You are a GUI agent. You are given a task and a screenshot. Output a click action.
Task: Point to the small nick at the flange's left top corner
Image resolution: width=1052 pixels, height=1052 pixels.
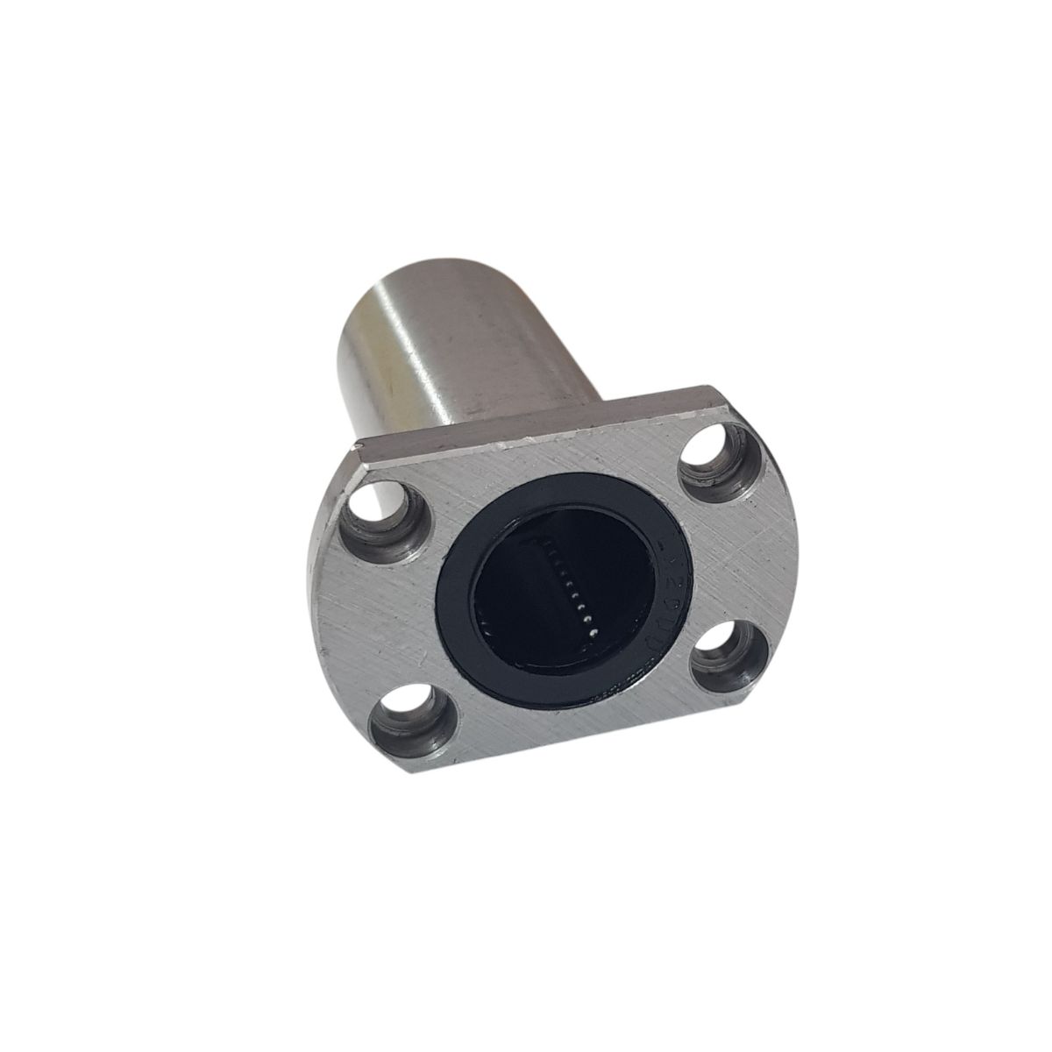(x=362, y=450)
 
